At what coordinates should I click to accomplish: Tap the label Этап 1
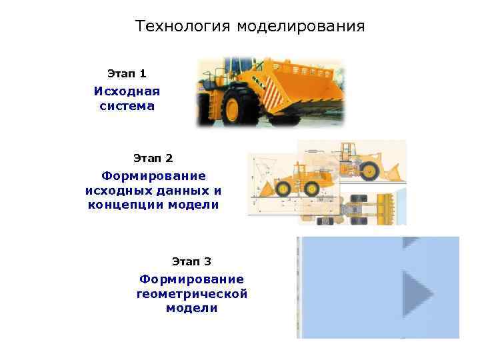coord(127,72)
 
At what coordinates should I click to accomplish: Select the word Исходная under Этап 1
coord(127,91)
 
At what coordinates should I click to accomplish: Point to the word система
coord(127,106)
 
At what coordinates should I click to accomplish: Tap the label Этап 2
coord(153,158)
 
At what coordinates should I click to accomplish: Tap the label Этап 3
coord(191,261)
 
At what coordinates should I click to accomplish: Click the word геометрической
coord(191,293)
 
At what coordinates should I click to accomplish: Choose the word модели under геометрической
coord(191,308)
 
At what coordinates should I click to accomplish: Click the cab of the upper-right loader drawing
coord(347,152)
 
